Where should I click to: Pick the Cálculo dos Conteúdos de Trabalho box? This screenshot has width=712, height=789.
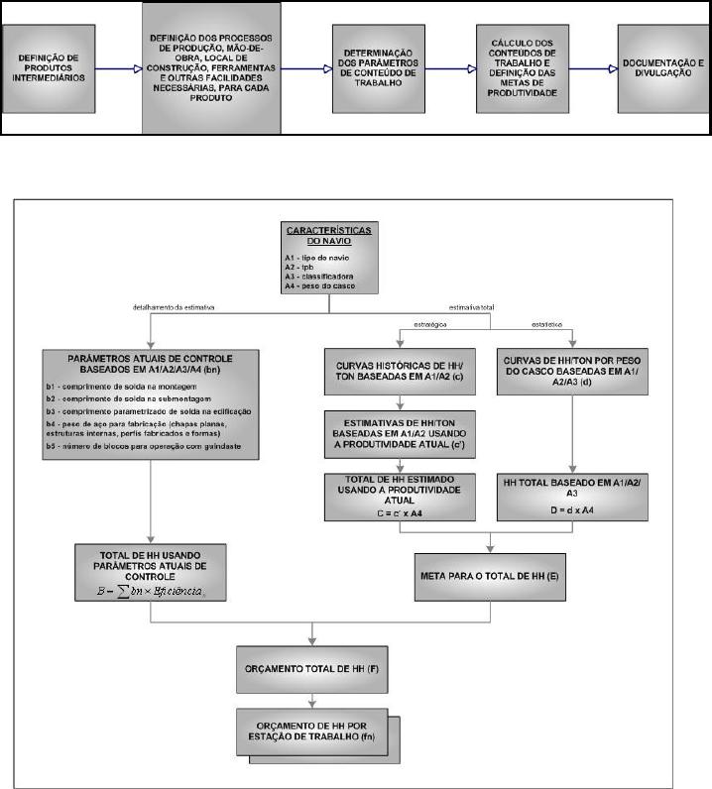pos(526,67)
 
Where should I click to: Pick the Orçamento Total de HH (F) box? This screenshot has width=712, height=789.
pos(313,668)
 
